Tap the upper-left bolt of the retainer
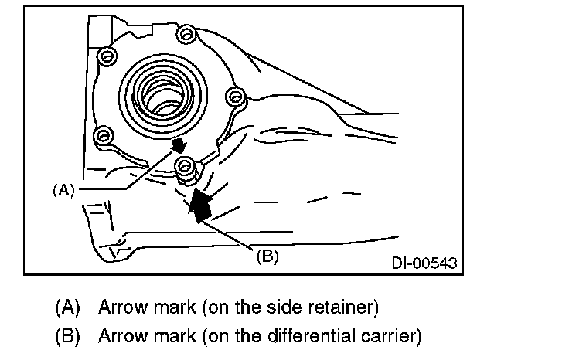click(106, 56)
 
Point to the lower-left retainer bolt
click(101, 136)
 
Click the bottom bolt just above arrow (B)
click(185, 164)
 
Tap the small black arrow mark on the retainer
click(179, 144)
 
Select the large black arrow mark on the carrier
click(200, 205)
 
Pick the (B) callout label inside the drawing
click(267, 256)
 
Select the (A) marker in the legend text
click(68, 307)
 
